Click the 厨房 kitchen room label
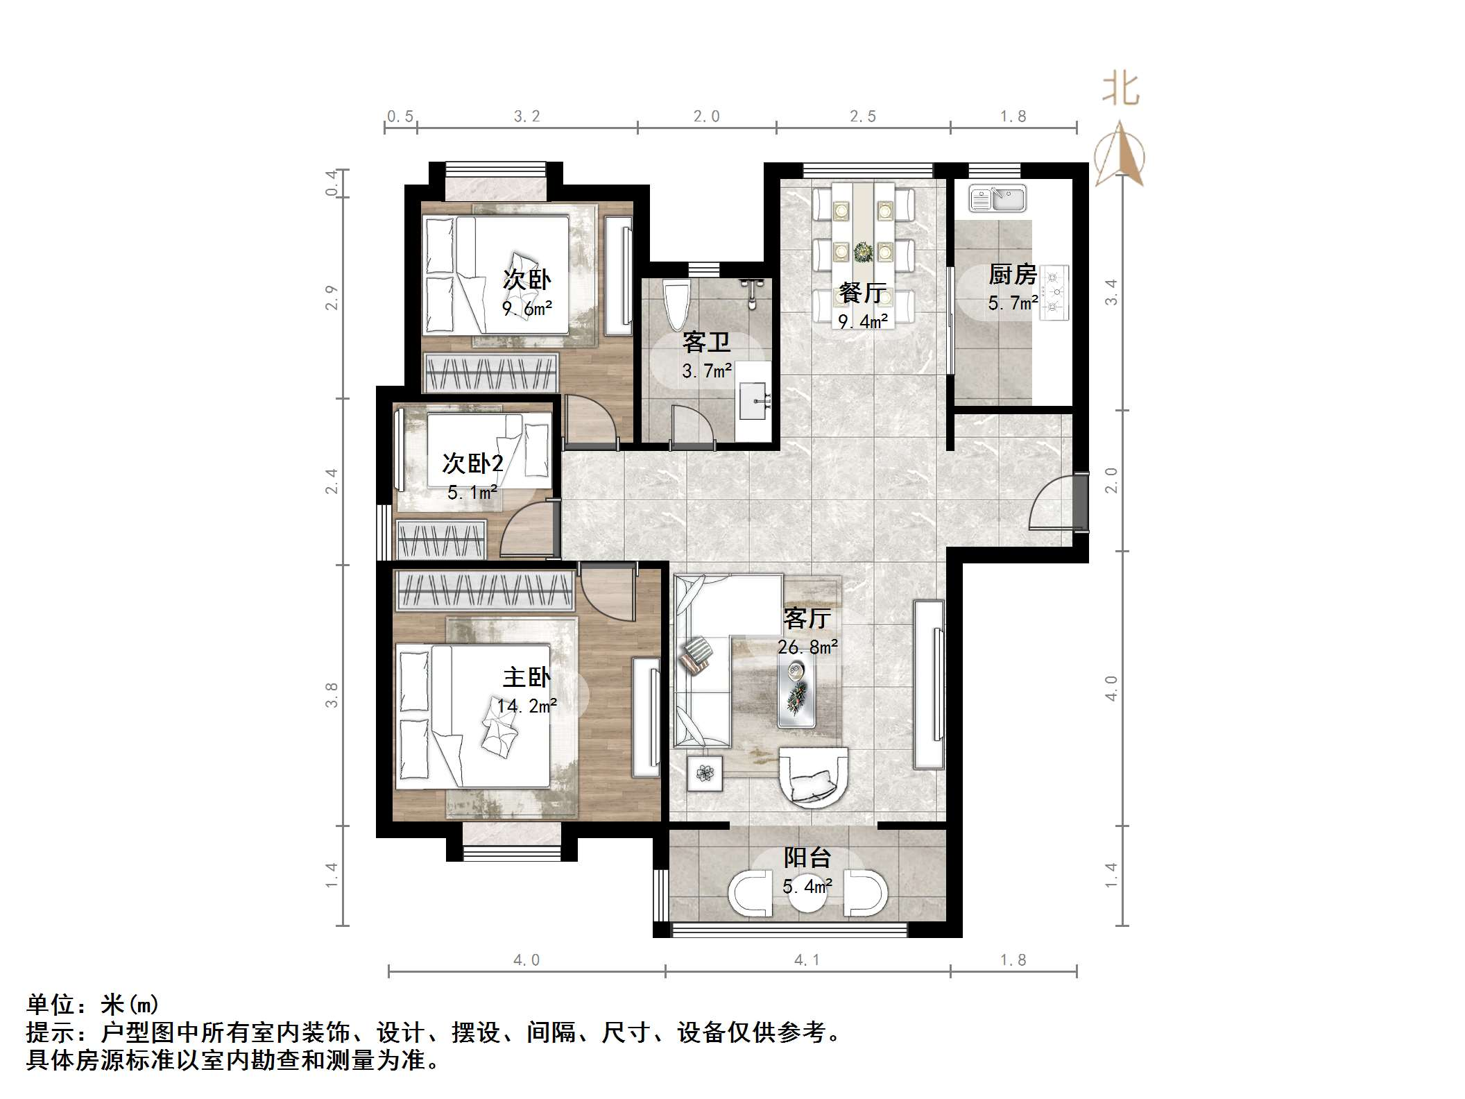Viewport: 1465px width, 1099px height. pos(1012,275)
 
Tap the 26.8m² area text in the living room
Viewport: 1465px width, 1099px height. pos(807,647)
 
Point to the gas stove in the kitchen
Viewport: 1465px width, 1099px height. pos(1054,292)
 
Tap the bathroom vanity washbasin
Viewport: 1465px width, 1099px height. pos(753,401)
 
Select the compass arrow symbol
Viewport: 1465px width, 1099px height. pos(1120,154)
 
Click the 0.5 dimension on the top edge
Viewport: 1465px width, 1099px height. pos(400,117)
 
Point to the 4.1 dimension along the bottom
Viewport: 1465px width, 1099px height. pos(807,960)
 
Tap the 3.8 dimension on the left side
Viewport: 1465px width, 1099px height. pos(332,695)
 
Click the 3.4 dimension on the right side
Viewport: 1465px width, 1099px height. pos(1111,291)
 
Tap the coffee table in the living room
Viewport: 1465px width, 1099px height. pos(796,690)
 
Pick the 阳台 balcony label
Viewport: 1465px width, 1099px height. pos(807,858)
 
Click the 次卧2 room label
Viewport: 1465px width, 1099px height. pos(473,463)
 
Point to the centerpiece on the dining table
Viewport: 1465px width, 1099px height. pos(864,250)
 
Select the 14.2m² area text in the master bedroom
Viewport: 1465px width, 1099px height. pos(527,706)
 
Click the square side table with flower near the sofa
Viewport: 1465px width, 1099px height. pos(705,772)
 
